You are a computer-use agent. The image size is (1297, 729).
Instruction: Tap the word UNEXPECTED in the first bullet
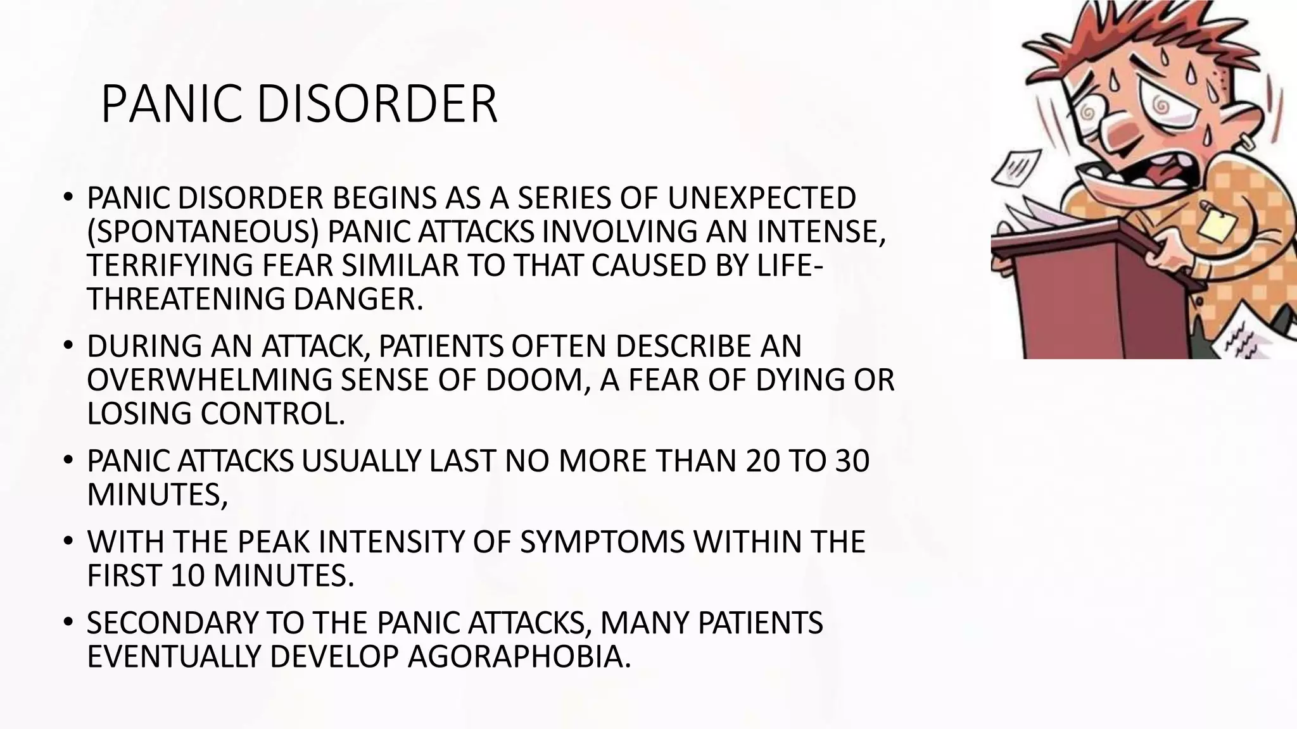coord(761,199)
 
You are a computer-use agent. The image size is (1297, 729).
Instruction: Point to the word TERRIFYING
coord(170,266)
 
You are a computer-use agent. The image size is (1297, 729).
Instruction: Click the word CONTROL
coord(273,414)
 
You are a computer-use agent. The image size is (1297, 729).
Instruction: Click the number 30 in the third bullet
coord(852,461)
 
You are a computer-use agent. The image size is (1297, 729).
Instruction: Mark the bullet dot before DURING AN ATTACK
coord(68,346)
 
